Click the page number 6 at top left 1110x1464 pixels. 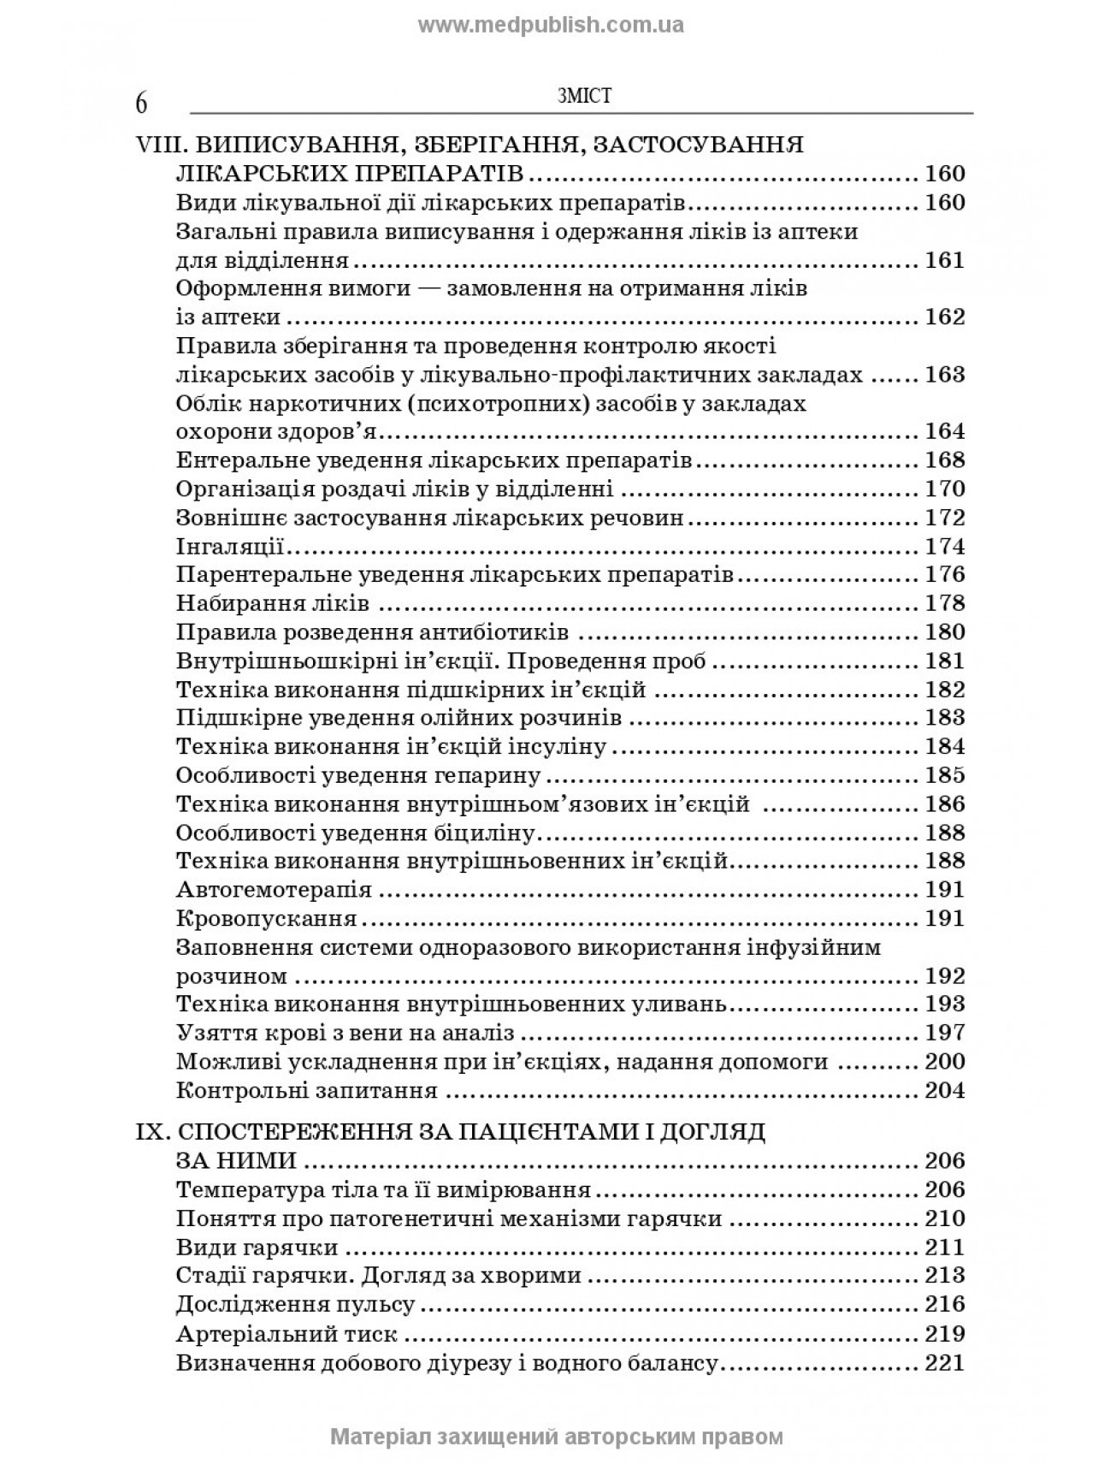point(141,103)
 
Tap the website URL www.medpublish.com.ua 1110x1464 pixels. point(551,25)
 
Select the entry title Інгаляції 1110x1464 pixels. point(229,546)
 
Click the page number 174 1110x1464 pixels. point(945,546)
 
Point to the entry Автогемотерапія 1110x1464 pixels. point(274,889)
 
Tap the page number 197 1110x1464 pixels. point(945,1032)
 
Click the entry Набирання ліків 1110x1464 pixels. point(272,603)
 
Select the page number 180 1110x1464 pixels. point(945,632)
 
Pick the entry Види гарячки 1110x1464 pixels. point(257,1247)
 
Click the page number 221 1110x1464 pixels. point(945,1362)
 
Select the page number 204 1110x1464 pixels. point(945,1090)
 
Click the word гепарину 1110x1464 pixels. point(487,775)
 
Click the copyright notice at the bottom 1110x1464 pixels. point(556,1435)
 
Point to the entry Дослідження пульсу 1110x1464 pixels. point(295,1304)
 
